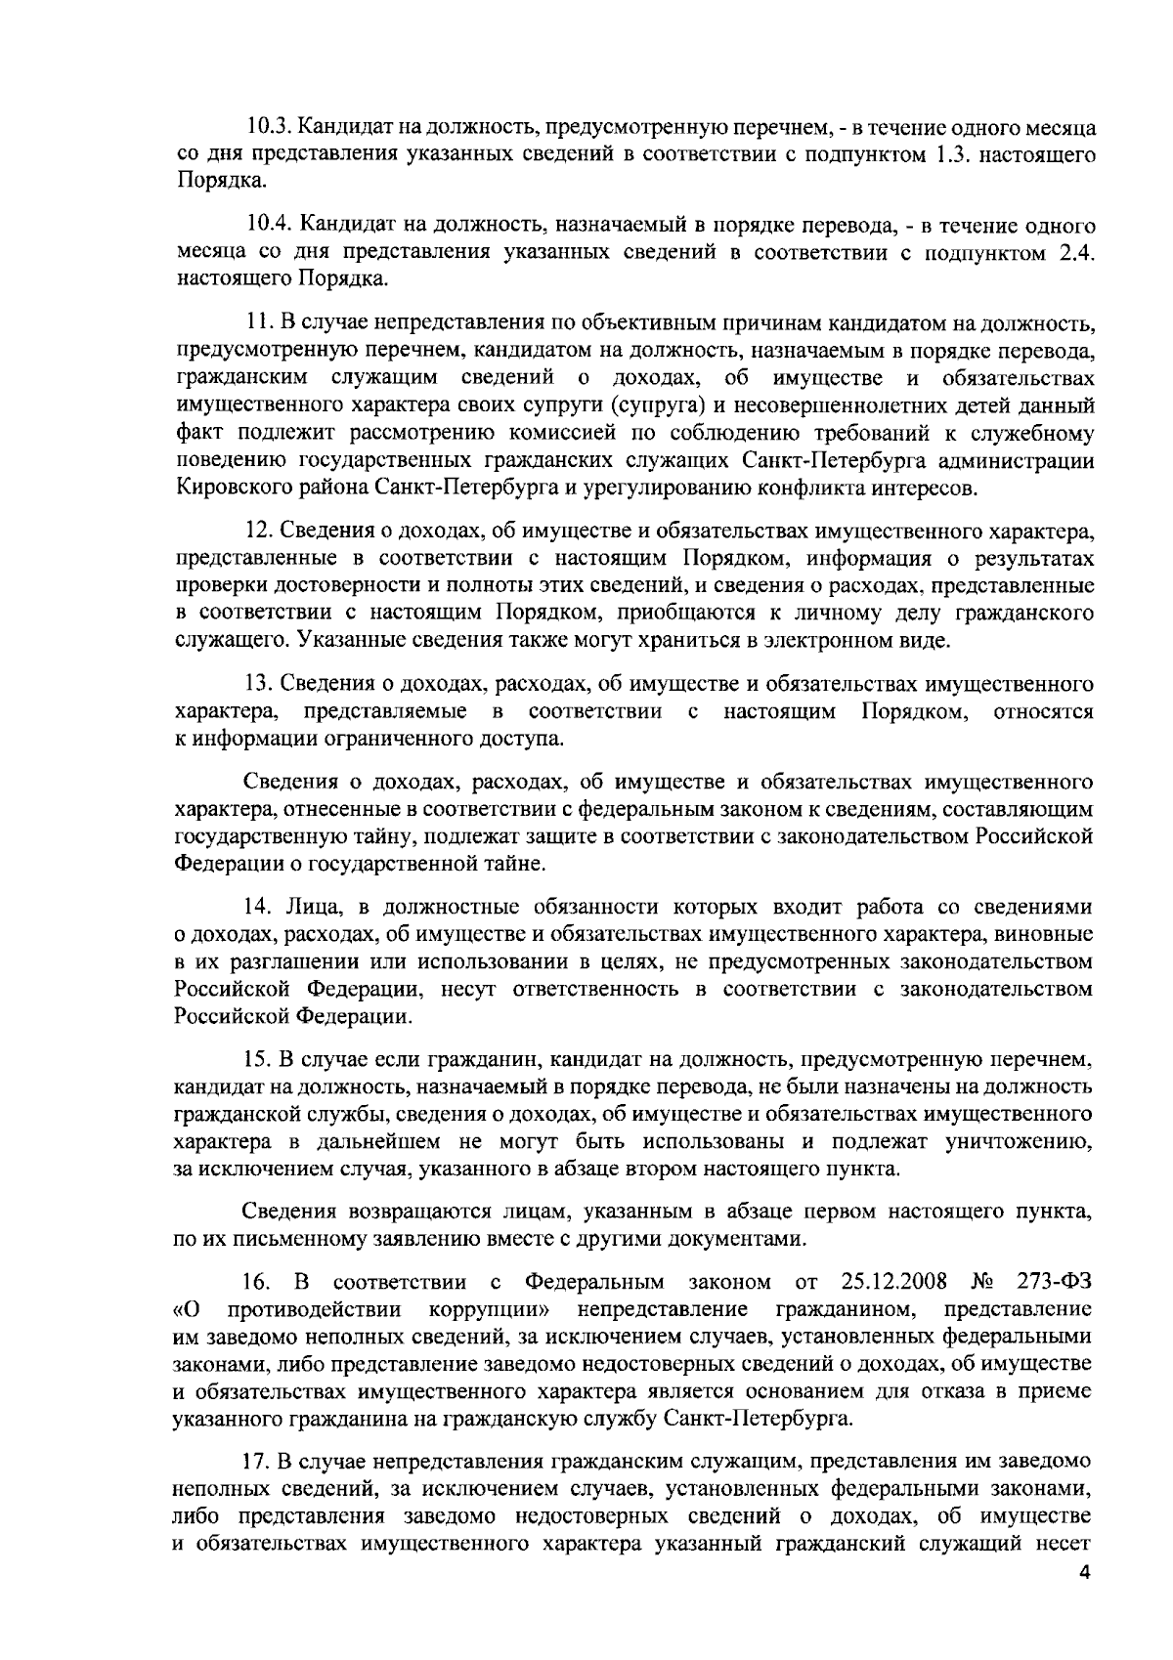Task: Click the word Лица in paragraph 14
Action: click(x=309, y=907)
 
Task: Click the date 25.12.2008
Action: click(x=892, y=1281)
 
